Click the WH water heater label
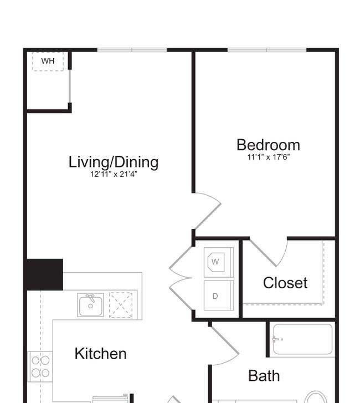tap(48, 61)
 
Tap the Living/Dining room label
tap(114, 162)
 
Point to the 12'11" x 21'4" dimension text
tap(114, 174)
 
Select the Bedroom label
tap(268, 145)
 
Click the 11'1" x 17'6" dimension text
tap(269, 157)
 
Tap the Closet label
tap(285, 283)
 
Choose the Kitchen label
tap(100, 354)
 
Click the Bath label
tap(264, 376)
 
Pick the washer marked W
tap(219, 262)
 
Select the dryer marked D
tap(219, 295)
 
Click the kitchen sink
tap(91, 305)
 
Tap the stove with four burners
tap(40, 366)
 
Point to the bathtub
tap(302, 339)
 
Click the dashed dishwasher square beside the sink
tap(121, 305)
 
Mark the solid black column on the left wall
tap(45, 274)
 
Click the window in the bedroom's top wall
tap(267, 50)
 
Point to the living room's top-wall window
tap(132, 50)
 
